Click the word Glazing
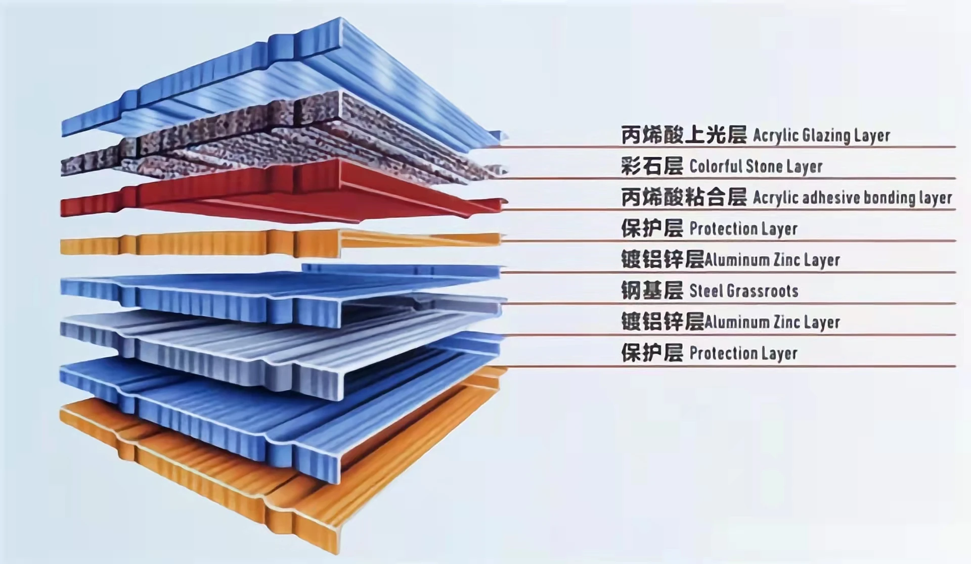819,136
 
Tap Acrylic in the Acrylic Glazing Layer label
775,136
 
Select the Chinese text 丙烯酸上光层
683,135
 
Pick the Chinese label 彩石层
652,166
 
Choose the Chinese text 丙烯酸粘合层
683,198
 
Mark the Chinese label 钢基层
652,291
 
